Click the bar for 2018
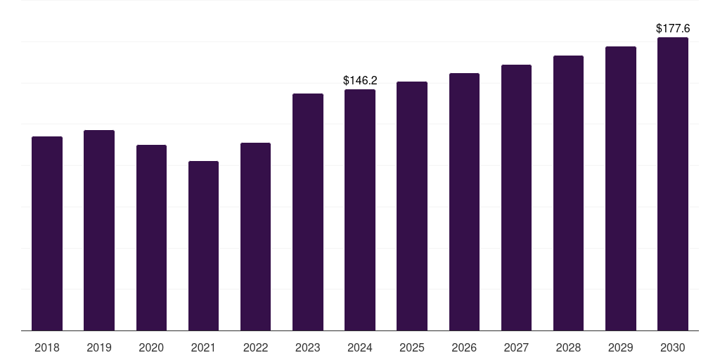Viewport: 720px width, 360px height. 47,233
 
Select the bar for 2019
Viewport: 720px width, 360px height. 99,230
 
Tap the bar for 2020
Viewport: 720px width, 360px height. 152,238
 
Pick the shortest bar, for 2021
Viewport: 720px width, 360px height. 203,245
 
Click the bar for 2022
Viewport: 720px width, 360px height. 255,236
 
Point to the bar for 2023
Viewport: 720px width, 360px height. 308,212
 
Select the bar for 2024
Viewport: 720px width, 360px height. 360,210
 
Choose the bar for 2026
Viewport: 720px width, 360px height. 464,202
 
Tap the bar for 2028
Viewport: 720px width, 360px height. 568,193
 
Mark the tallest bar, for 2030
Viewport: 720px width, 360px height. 673,184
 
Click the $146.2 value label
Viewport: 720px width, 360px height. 360,81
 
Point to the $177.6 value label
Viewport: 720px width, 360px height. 673,28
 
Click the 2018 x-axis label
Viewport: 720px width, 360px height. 47,347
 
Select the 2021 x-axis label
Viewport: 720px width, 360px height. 203,347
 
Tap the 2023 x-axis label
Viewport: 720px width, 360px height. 308,347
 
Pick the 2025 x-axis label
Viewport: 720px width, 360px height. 412,347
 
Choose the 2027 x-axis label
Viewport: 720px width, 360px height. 516,347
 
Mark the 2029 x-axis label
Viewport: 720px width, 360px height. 620,347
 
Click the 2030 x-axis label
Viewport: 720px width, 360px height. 673,347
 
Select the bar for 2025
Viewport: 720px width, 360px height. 412,206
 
